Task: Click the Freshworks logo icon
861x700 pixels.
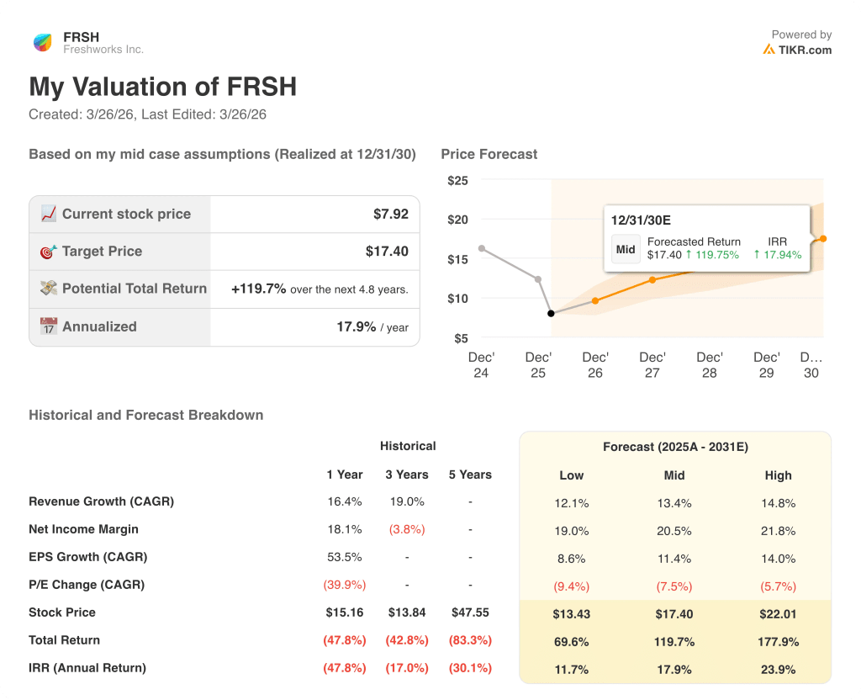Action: point(42,43)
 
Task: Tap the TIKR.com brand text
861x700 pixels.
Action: point(804,50)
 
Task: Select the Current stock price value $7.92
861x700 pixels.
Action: point(390,215)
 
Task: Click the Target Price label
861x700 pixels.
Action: point(102,252)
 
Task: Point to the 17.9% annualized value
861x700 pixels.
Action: point(356,326)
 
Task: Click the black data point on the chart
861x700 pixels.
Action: point(551,313)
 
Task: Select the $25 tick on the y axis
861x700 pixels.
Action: point(457,181)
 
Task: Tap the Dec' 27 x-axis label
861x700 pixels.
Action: point(652,365)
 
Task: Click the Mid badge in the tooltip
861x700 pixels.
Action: point(626,249)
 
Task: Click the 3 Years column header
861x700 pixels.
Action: point(407,475)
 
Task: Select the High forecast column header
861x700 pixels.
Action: point(778,475)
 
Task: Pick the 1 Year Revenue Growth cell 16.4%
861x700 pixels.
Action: point(344,501)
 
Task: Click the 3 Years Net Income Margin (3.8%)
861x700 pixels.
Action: point(407,529)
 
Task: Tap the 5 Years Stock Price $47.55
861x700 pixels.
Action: point(470,612)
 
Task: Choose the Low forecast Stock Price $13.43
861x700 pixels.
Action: point(571,614)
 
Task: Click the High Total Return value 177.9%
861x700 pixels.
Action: point(778,642)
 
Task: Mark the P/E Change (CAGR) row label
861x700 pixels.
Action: point(87,585)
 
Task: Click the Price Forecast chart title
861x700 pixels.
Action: point(489,154)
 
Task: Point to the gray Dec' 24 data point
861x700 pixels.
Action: point(481,248)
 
